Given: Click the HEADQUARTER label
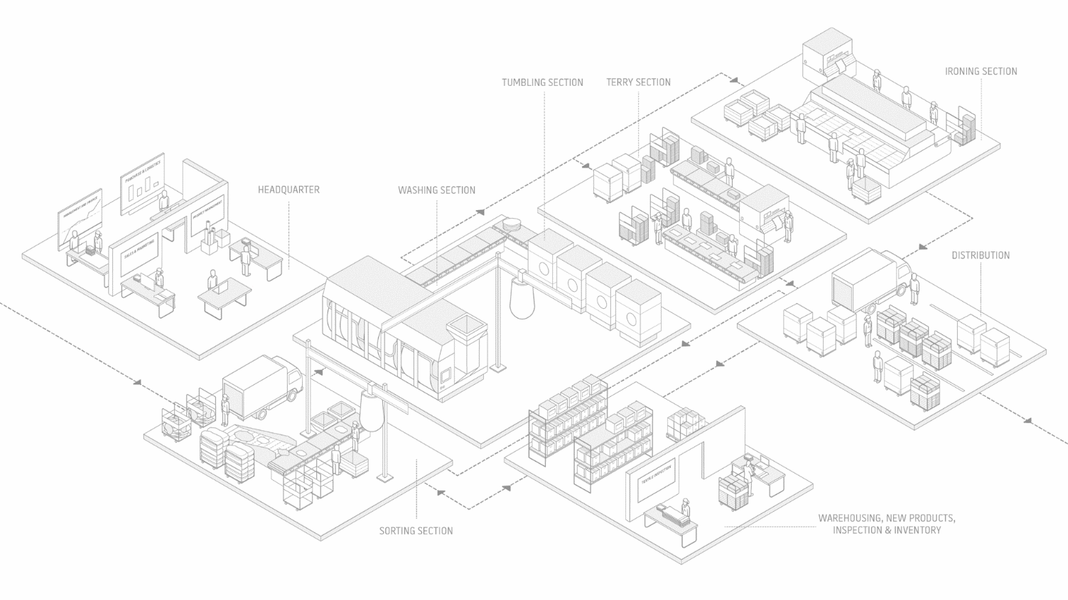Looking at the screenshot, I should [288, 190].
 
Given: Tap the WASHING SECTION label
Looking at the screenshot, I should [436, 190].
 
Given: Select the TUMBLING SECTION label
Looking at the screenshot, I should [542, 82].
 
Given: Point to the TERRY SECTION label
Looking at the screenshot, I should [638, 82].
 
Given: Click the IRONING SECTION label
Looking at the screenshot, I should [981, 72].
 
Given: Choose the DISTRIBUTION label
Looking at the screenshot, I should [981, 256].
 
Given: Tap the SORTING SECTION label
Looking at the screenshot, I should [416, 531].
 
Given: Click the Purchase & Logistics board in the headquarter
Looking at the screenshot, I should [143, 183].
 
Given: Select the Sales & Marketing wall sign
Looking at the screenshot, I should [139, 253].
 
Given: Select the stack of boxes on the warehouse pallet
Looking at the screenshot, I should [733, 491].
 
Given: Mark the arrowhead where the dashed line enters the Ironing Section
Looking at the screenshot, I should [735, 80].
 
